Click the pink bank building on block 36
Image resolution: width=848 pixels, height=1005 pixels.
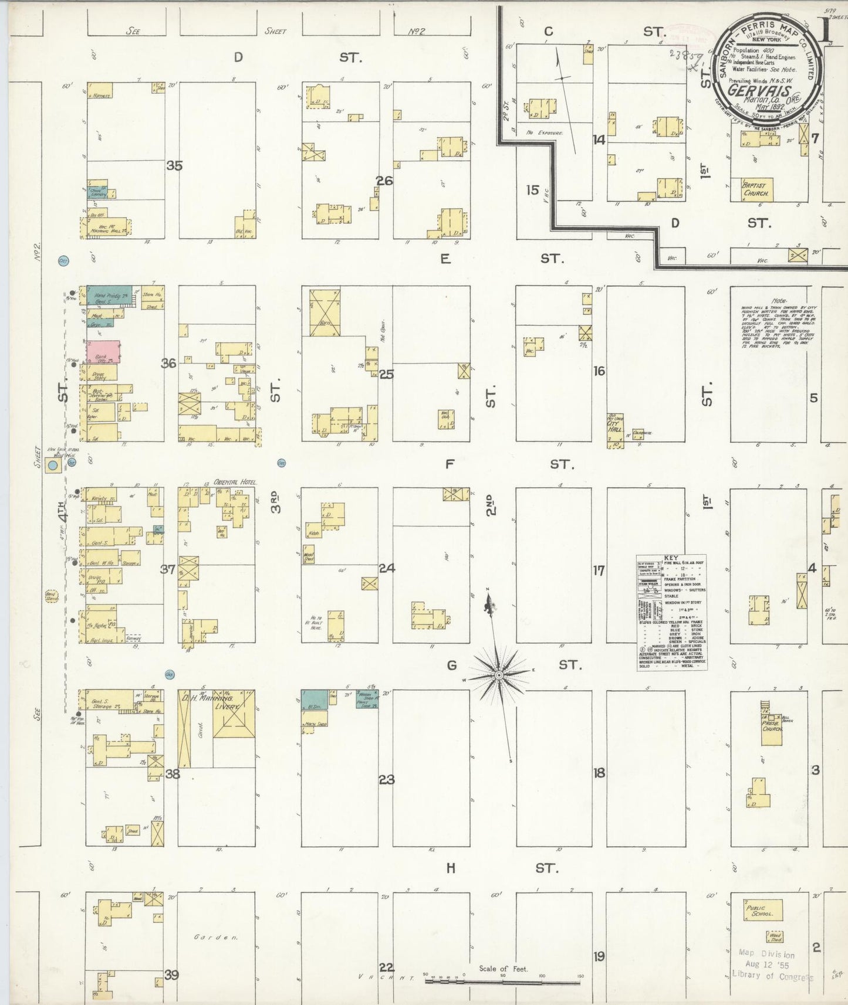pos(104,352)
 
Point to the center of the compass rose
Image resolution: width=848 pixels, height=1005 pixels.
pos(498,675)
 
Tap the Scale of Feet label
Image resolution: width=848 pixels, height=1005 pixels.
pos(503,969)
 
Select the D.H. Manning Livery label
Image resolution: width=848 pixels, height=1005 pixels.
pos(218,703)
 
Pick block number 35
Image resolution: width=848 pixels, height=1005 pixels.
pos(174,165)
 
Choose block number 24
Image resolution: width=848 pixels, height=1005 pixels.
pos(386,568)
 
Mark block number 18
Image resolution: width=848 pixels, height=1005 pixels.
pos(599,772)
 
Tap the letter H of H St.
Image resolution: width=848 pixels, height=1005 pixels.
pos(450,868)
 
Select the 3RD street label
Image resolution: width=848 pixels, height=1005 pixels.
pos(275,502)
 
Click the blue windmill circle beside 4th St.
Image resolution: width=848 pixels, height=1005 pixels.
pos(53,466)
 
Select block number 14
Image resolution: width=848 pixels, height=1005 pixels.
pos(599,140)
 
